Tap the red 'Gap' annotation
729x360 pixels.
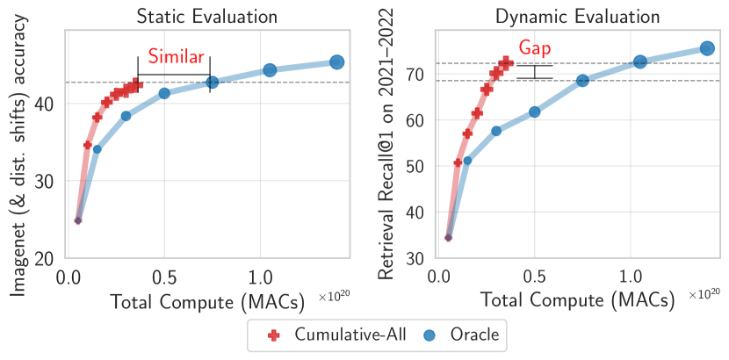(x=535, y=49)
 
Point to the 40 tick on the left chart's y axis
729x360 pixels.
(x=53, y=104)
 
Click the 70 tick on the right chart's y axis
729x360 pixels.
(x=423, y=75)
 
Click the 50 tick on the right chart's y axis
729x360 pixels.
(x=423, y=166)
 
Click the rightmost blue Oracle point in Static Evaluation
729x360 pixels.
(x=336, y=61)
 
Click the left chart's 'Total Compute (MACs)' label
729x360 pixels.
(x=207, y=301)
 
